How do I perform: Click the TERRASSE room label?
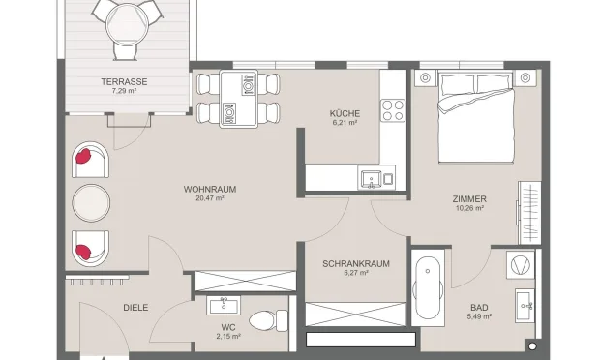click(x=123, y=81)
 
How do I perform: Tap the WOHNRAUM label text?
click(x=210, y=189)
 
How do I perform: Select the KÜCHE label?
click(x=345, y=113)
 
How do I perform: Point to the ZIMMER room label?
click(x=468, y=199)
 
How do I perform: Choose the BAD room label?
click(x=480, y=308)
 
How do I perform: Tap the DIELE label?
click(x=135, y=308)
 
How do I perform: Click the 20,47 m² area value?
click(x=210, y=198)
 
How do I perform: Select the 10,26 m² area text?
click(x=468, y=209)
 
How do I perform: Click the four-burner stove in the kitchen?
click(x=393, y=109)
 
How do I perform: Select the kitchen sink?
click(x=371, y=177)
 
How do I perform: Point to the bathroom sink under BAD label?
click(x=525, y=303)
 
